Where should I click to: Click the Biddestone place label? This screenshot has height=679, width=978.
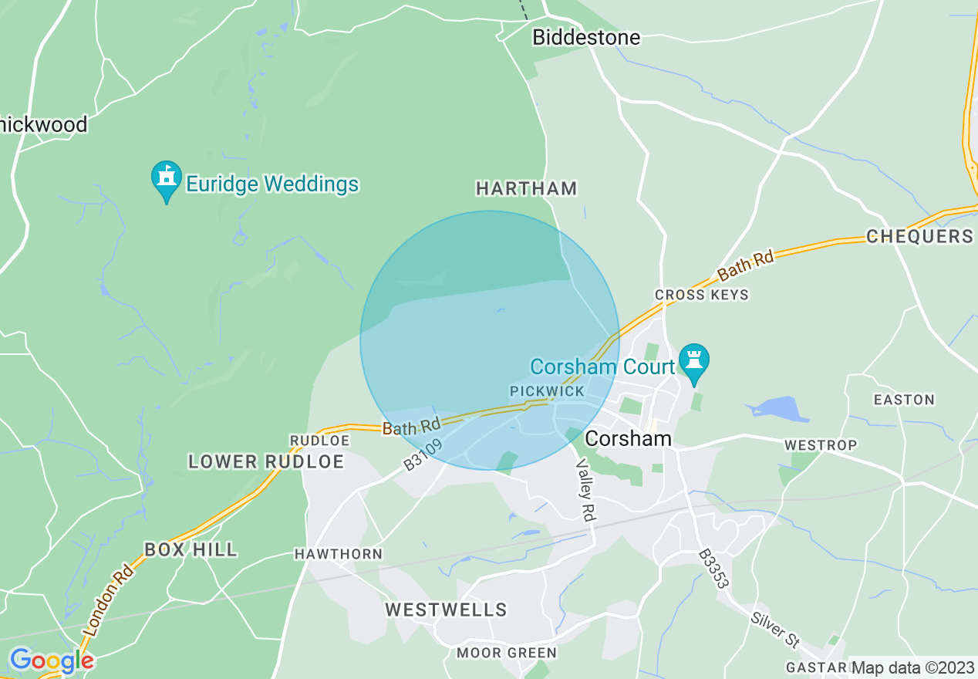pos(586,37)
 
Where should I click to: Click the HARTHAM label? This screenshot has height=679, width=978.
pos(526,188)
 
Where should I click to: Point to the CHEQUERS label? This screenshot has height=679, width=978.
pos(919,236)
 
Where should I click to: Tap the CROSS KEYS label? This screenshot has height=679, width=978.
pos(701,295)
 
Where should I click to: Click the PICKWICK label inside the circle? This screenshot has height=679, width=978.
pos(548,392)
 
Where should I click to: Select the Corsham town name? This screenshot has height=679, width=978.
pos(628,438)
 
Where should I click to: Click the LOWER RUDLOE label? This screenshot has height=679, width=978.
pos(266,461)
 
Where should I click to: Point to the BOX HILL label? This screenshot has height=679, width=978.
pos(191,549)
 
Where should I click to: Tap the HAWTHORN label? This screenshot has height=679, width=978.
pos(338,554)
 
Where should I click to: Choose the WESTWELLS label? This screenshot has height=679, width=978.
pos(446,610)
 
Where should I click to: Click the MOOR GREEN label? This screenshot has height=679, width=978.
pos(506,653)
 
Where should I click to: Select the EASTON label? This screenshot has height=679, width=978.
pos(903,400)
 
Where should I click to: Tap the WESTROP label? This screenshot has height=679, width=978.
pos(820,445)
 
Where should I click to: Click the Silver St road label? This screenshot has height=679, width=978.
pos(775,628)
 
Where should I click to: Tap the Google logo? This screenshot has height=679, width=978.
pos(51,660)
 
